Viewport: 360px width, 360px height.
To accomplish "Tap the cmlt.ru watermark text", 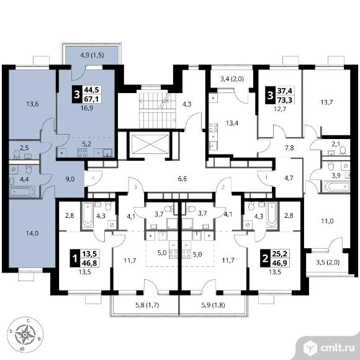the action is tap(338, 348).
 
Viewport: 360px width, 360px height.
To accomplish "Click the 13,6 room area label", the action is tap(32, 104).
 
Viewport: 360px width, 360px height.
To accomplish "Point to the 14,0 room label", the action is tap(32, 233).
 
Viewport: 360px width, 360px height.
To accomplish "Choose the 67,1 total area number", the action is tap(92, 99).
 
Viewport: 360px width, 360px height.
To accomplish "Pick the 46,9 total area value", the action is tap(281, 263).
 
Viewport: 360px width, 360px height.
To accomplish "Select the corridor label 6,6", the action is tap(182, 179).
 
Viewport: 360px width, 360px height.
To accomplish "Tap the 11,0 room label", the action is tap(327, 222).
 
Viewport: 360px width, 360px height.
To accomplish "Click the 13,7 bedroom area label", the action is tap(326, 102).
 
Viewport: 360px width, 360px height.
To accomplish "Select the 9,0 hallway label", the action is tap(70, 179).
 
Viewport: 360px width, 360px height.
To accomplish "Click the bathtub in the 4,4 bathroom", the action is tap(22, 191).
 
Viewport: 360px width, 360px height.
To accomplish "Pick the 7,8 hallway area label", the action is tap(289, 148).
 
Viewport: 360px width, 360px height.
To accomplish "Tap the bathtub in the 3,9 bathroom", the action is tap(336, 186).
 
